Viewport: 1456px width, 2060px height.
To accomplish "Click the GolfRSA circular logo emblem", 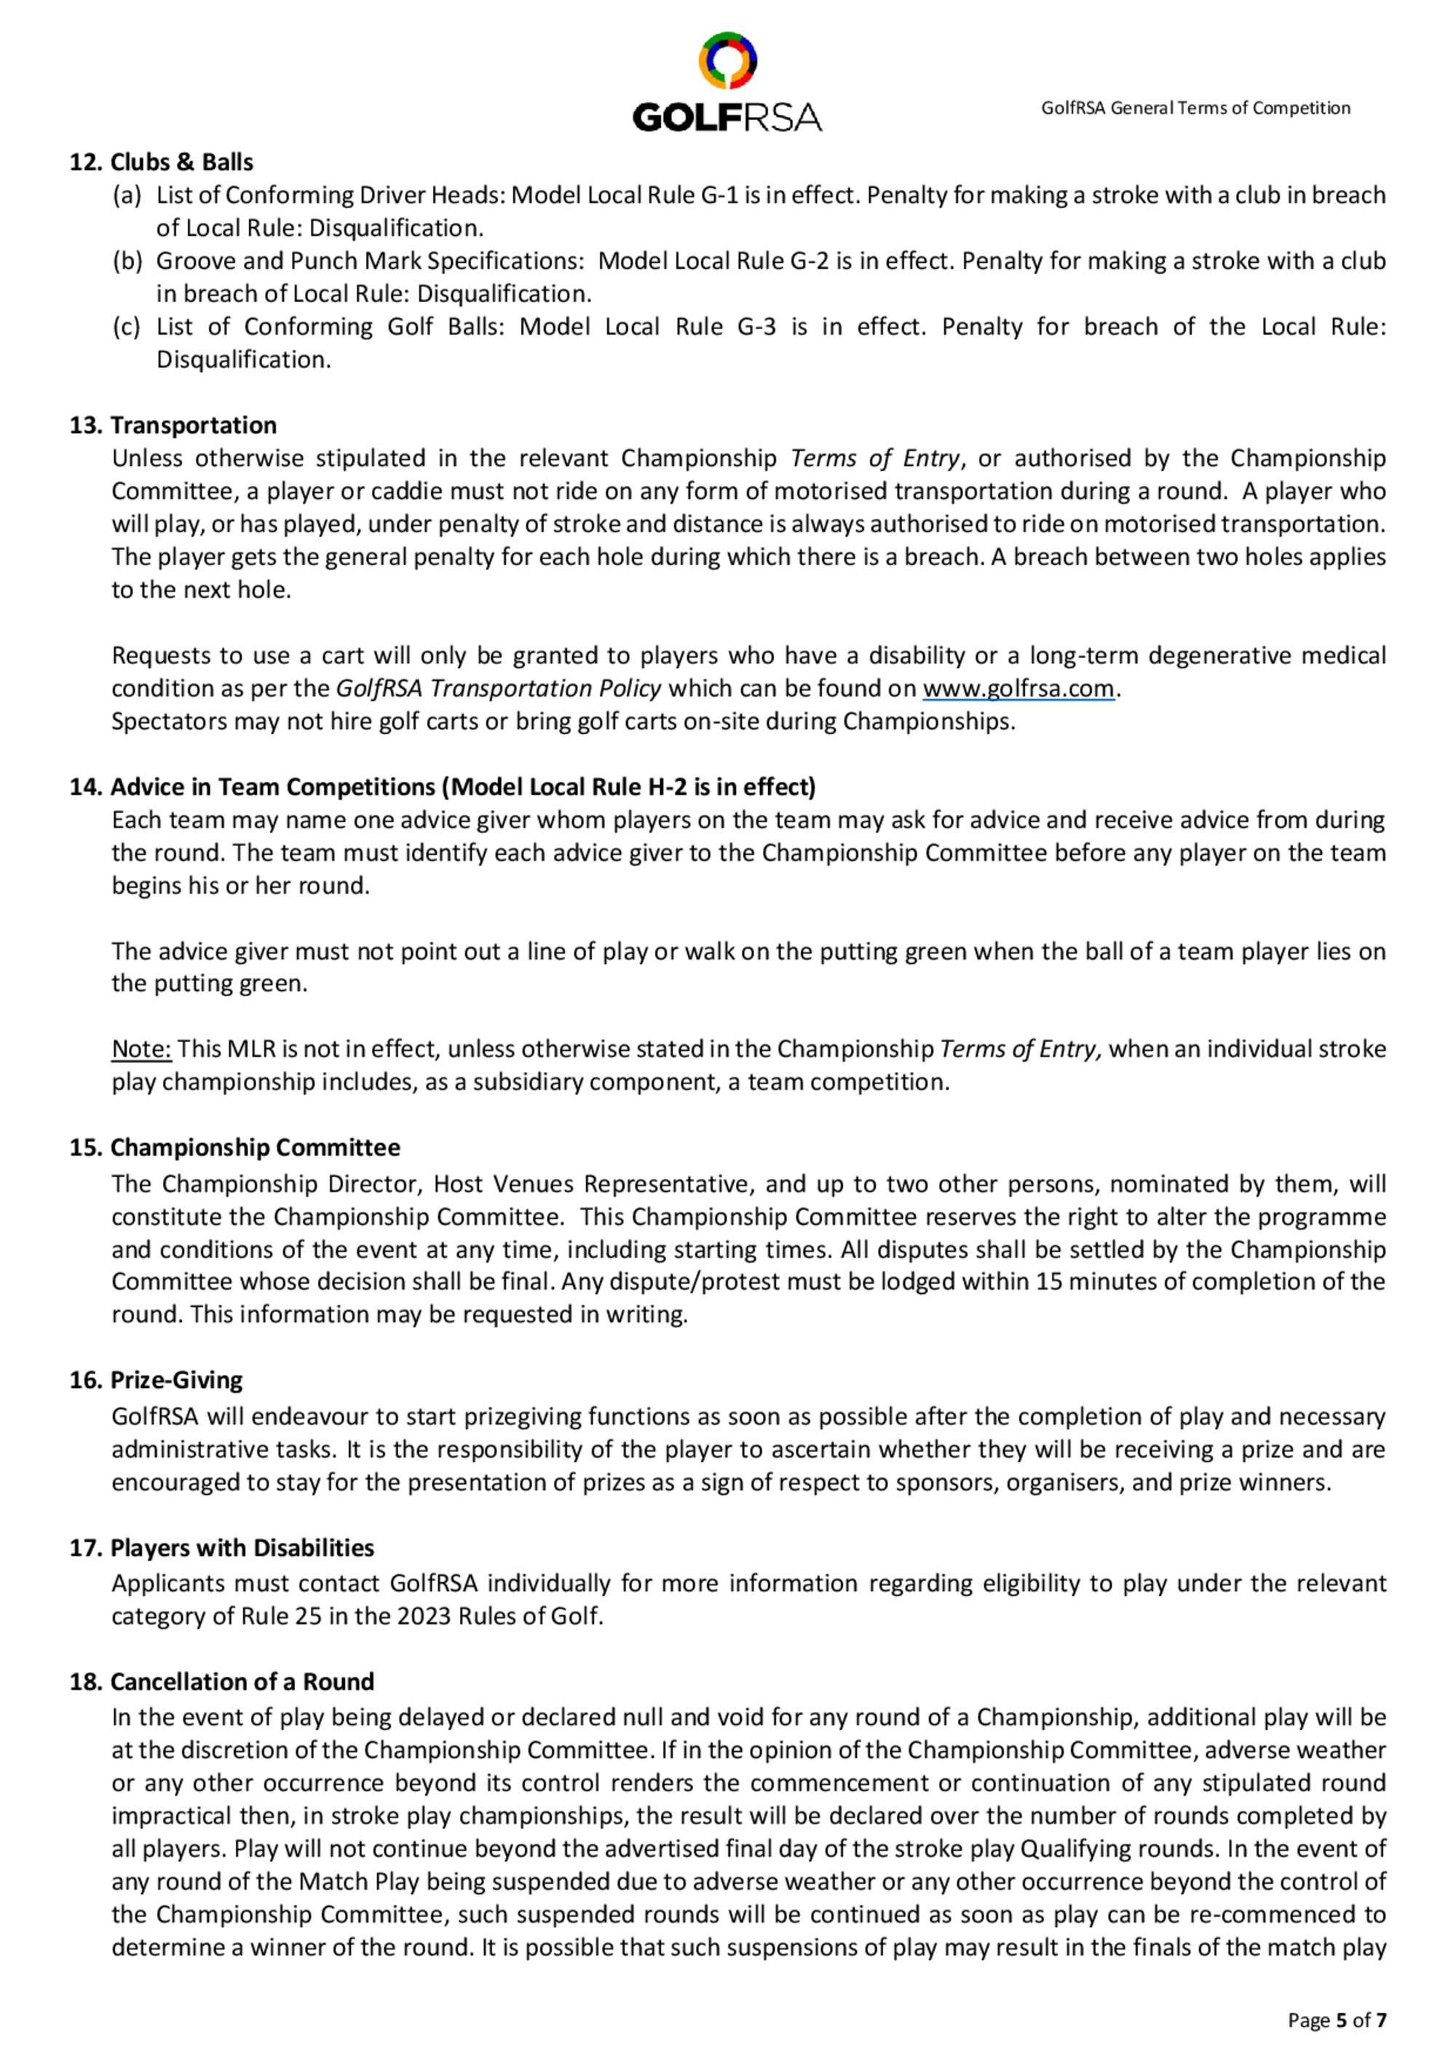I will [727, 60].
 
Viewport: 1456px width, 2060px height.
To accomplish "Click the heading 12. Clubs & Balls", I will [162, 162].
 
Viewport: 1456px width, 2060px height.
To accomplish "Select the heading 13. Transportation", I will [173, 425].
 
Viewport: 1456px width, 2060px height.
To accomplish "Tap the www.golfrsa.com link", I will [1018, 689].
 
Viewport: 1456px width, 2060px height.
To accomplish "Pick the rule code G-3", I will [756, 326].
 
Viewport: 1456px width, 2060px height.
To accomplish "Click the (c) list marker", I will [127, 326].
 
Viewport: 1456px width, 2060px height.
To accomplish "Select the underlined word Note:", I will [141, 1049].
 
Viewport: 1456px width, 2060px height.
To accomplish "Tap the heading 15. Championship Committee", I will [235, 1148].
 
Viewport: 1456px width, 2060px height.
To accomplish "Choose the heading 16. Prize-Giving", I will [156, 1380].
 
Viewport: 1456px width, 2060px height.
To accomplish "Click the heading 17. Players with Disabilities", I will [221, 1547].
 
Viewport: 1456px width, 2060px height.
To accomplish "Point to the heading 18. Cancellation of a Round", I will [221, 1681].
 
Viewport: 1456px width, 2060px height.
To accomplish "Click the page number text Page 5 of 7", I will [1337, 2020].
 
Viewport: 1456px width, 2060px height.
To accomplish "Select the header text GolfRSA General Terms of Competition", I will [1195, 108].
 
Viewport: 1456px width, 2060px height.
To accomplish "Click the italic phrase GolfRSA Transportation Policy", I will [498, 689].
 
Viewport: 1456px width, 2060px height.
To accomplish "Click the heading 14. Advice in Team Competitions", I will [443, 787].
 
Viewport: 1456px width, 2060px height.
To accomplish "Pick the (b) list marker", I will [127, 261].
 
